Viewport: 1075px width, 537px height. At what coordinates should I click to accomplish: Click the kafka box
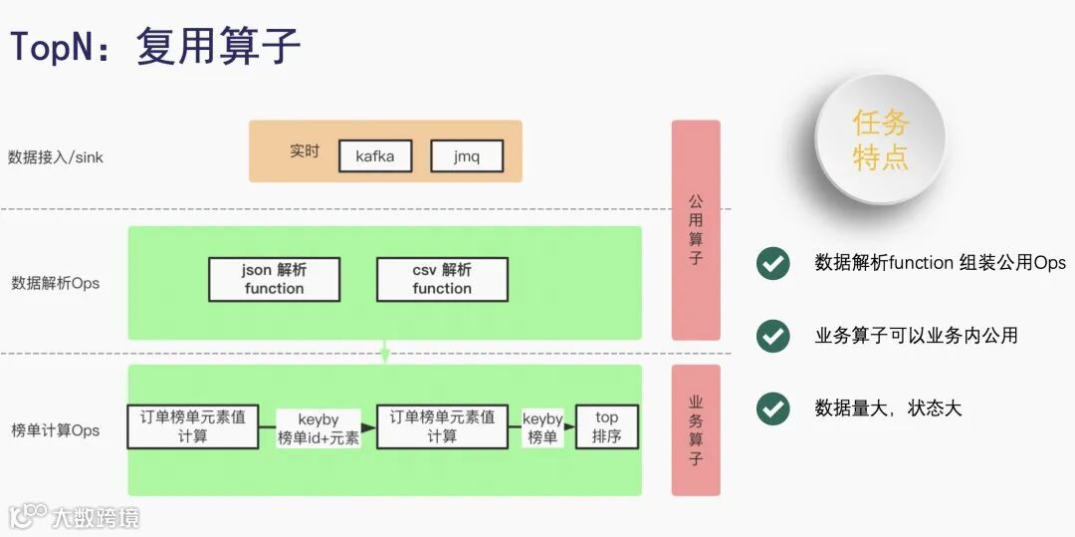coord(374,156)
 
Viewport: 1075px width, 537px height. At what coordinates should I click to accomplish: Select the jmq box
coord(467,156)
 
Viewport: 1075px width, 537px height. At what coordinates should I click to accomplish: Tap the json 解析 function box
coord(274,279)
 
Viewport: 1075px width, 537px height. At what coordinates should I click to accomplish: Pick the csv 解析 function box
coord(442,279)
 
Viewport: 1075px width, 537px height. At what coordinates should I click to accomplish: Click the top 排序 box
coord(606,426)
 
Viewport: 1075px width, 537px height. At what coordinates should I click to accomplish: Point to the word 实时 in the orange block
coord(305,151)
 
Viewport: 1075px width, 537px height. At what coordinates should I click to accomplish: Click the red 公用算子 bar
coord(695,229)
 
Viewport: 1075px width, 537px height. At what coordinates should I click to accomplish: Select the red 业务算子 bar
coord(695,429)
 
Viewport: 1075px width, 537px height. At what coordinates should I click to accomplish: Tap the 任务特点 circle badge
coord(880,138)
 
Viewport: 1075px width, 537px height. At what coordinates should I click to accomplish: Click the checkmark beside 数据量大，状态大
coord(772,408)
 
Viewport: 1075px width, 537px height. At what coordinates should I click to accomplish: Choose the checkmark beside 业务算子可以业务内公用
coord(772,336)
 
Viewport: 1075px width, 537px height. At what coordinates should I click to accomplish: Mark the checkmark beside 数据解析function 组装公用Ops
coord(772,263)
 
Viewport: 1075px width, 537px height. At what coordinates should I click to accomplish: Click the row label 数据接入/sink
coord(56,156)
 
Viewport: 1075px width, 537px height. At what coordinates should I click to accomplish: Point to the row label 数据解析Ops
coord(56,283)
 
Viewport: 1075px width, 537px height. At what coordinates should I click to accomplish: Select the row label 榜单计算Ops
coord(56,430)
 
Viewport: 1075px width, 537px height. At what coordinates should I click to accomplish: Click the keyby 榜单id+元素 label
coord(319,428)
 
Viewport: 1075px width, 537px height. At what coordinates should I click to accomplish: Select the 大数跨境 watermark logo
coord(74,515)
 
